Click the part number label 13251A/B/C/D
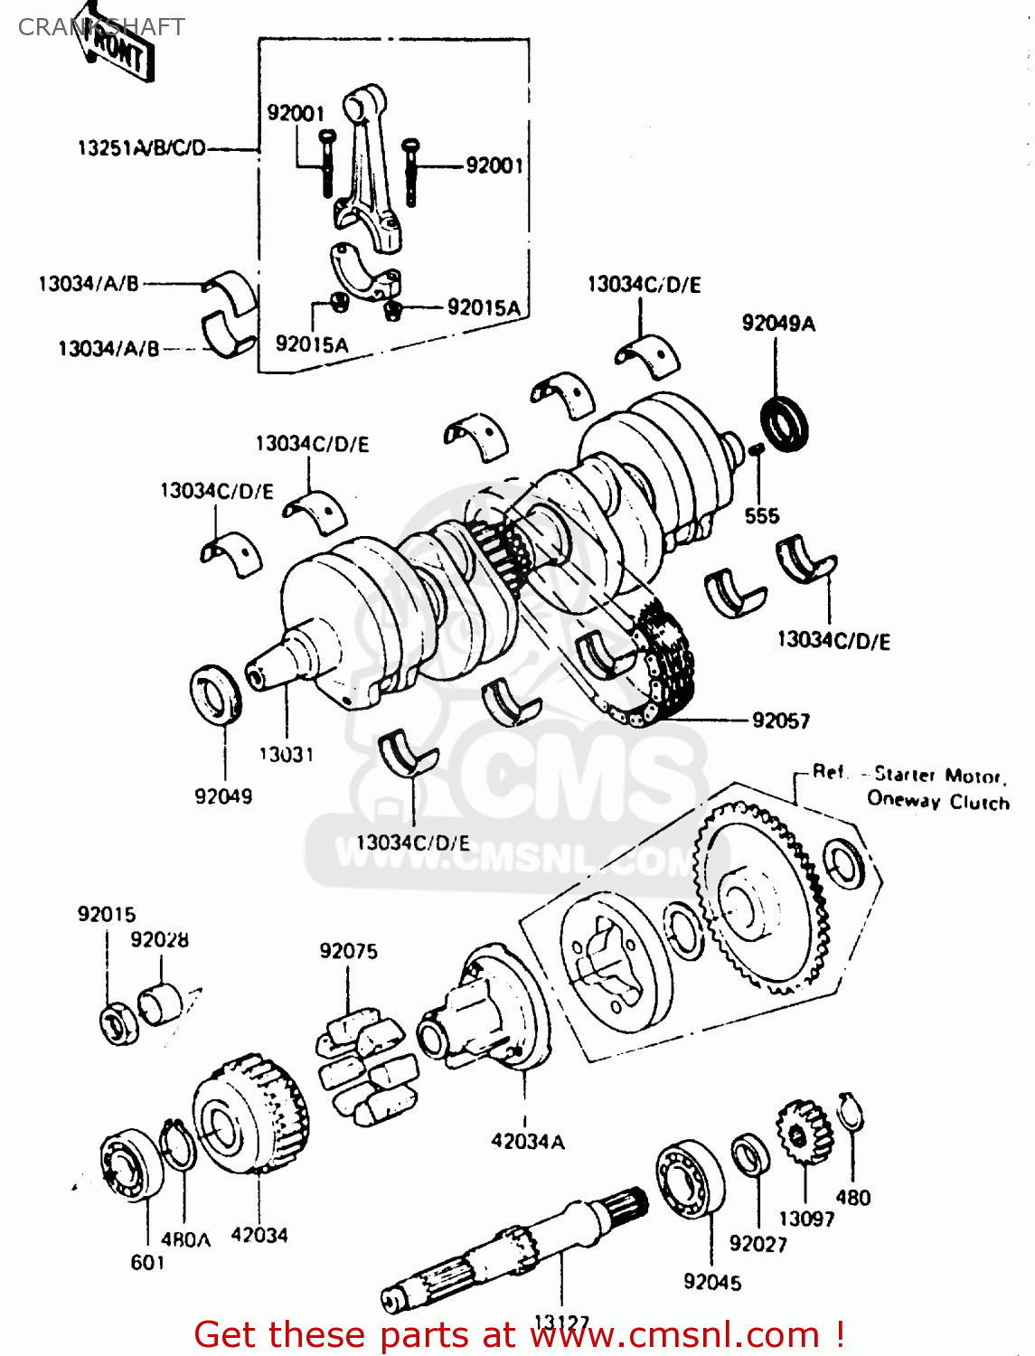(x=142, y=147)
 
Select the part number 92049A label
(x=777, y=323)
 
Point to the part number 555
(x=761, y=515)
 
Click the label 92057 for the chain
(x=781, y=720)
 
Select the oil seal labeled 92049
(x=216, y=692)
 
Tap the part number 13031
(x=286, y=754)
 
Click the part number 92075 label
(x=348, y=951)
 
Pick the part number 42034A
(x=528, y=1142)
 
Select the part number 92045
(x=712, y=1282)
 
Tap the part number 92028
(x=159, y=939)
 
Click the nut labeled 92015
(x=118, y=1024)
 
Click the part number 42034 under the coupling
(x=259, y=1235)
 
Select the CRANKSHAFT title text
(x=101, y=27)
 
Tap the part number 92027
(x=757, y=1244)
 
